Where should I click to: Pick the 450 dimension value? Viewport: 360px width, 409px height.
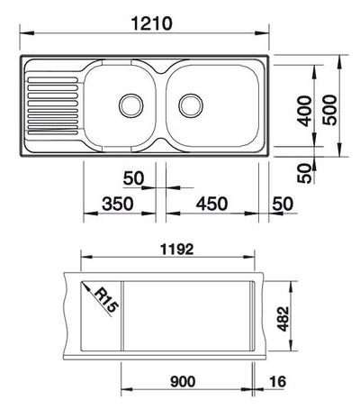211,204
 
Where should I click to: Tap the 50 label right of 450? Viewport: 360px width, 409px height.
281,204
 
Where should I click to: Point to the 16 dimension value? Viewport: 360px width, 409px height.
276,382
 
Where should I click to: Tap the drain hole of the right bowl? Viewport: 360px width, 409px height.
191,103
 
